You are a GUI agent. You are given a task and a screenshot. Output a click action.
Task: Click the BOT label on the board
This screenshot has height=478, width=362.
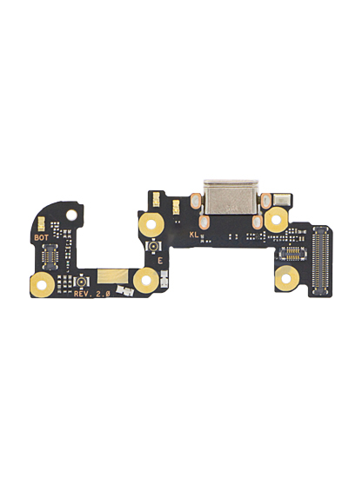coord(41,237)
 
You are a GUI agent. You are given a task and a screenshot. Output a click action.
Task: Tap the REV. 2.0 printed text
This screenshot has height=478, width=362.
coord(92,294)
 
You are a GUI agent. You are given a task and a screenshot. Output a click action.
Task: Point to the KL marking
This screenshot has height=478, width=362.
coord(194,235)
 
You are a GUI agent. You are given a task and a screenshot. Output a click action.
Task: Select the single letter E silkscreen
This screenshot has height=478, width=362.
coord(160,261)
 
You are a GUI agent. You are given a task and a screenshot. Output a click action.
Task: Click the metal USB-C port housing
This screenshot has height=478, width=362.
coord(231,197)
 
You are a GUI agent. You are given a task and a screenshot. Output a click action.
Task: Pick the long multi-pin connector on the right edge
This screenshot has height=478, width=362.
coord(320,261)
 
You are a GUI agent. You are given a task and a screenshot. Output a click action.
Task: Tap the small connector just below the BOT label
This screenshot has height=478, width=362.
coord(50,256)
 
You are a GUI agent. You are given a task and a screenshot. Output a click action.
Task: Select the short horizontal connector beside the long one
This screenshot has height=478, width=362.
coord(292,254)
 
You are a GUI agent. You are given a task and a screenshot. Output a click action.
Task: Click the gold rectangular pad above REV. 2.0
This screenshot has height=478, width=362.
coord(112,276)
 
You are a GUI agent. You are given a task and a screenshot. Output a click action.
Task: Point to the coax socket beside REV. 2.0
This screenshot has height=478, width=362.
coord(81,282)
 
